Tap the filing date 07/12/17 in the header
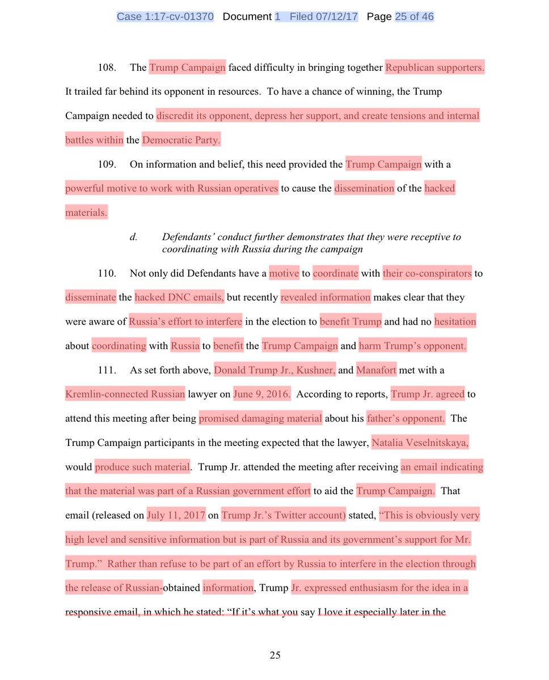(x=339, y=17)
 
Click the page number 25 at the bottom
(x=275, y=656)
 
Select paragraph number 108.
(x=107, y=67)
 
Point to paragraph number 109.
(x=107, y=165)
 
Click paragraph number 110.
(x=107, y=274)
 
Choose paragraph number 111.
(x=107, y=371)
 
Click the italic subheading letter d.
(x=133, y=237)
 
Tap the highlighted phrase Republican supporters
(x=435, y=67)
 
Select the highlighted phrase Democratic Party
(x=181, y=140)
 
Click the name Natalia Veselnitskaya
(x=420, y=443)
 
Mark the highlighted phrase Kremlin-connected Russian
(x=125, y=394)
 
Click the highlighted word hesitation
(x=455, y=322)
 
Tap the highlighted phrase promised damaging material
(x=260, y=419)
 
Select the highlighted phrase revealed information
(x=326, y=297)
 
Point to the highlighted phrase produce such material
(x=142, y=467)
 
